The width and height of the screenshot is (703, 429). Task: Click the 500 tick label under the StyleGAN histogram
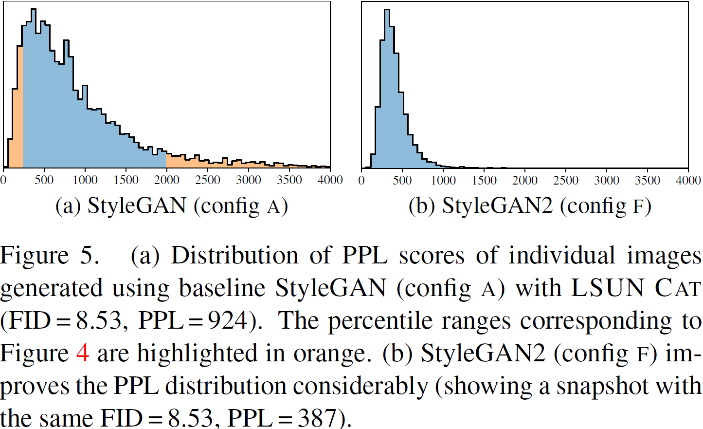[x=44, y=180]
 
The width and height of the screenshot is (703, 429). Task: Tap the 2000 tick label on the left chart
[x=166, y=180]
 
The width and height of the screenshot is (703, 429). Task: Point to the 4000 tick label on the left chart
[x=330, y=180]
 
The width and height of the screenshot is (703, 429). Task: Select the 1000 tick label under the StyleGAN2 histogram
[x=443, y=180]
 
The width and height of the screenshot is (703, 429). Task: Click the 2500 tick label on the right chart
[x=566, y=180]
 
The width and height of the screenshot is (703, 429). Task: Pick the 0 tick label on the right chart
[x=361, y=180]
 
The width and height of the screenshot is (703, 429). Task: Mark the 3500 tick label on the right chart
[x=648, y=180]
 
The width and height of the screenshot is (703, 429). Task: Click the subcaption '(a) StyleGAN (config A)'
[x=171, y=206]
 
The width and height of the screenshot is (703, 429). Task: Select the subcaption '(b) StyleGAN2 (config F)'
[x=530, y=206]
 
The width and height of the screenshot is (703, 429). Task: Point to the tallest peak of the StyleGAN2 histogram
[x=387, y=15]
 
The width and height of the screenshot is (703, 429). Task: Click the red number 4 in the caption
[x=83, y=353]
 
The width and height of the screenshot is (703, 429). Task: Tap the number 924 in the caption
[x=228, y=321]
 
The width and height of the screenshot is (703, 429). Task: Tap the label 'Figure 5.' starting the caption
[x=50, y=256]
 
